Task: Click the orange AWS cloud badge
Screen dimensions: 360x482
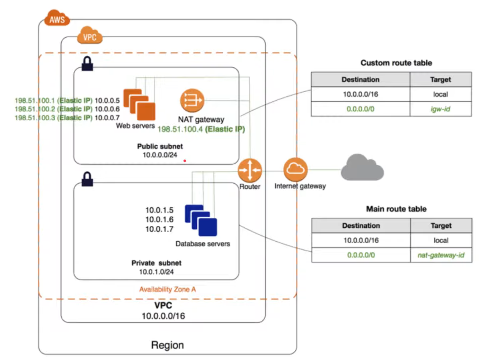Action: pos(57,19)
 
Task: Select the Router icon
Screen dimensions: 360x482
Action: pos(250,170)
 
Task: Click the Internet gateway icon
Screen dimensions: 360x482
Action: pos(295,170)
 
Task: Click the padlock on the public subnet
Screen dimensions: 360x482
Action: pos(87,63)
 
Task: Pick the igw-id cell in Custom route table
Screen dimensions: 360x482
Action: pos(440,109)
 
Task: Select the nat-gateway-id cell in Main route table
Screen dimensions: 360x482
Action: pos(441,255)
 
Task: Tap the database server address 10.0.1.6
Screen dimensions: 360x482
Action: pos(159,219)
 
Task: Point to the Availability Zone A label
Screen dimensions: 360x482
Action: pos(167,289)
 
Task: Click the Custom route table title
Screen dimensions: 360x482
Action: pos(396,63)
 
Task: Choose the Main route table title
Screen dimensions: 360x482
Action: pos(396,209)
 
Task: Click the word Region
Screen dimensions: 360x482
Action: pos(167,345)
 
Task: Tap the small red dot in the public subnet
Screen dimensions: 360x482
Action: pos(185,161)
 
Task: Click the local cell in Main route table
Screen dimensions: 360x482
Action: pos(441,241)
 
